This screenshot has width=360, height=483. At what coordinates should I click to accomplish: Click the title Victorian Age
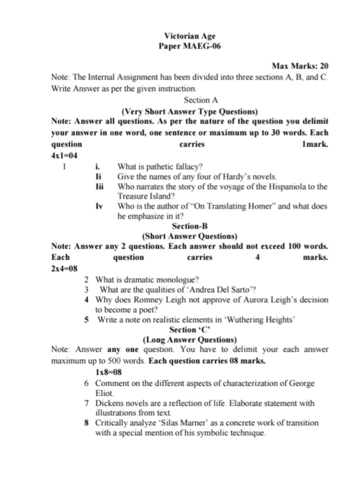pyautogui.click(x=190, y=35)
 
